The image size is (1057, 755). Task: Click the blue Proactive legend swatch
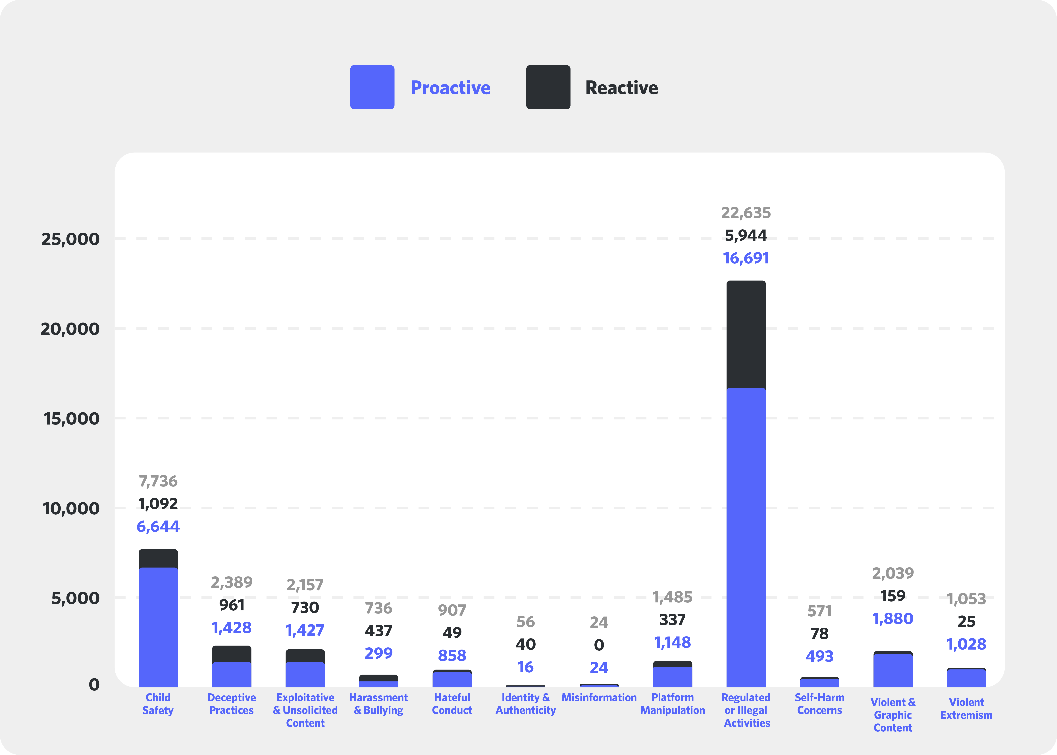(x=372, y=87)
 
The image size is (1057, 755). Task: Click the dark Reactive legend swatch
(x=548, y=87)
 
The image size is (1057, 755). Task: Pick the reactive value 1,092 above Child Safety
(x=158, y=504)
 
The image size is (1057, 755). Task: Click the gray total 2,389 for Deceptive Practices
(x=232, y=582)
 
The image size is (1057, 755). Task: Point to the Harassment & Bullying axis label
(x=378, y=704)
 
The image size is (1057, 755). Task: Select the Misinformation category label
(x=599, y=697)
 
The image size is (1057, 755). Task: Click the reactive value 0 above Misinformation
(x=599, y=645)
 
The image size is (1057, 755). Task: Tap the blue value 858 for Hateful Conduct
(x=452, y=656)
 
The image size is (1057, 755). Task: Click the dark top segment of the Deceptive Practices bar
(x=232, y=654)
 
